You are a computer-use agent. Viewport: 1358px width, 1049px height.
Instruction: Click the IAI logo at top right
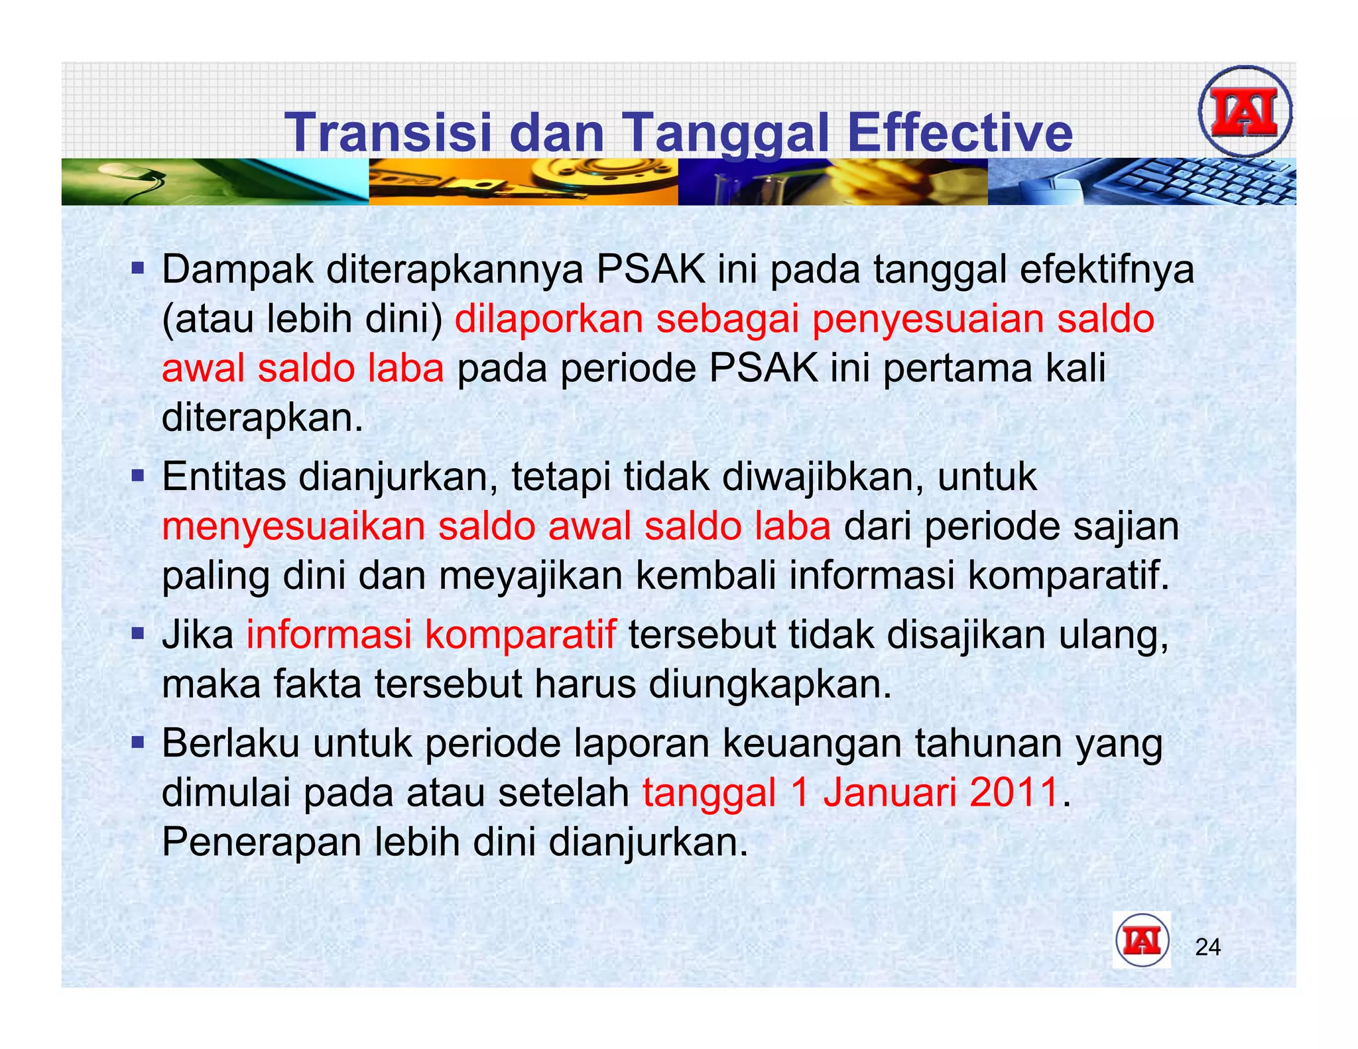(1245, 111)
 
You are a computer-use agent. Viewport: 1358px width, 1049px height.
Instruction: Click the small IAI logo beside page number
(1141, 941)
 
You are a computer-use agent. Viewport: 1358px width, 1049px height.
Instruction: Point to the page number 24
(1207, 948)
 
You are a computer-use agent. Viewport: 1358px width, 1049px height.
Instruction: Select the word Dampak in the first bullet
(237, 270)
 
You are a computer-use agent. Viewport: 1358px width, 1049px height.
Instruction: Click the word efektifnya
(1107, 270)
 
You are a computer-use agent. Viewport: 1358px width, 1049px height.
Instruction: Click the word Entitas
(223, 477)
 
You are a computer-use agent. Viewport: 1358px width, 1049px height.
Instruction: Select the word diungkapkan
(770, 684)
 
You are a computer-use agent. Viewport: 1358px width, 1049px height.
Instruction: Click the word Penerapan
(261, 842)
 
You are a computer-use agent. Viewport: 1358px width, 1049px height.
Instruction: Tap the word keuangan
(812, 743)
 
